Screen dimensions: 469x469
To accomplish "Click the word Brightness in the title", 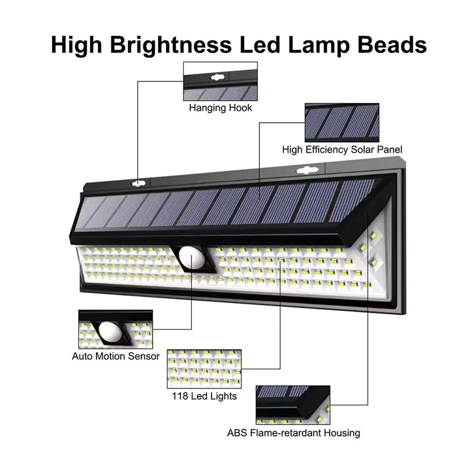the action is (x=171, y=45).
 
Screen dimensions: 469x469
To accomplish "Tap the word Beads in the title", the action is (x=392, y=45).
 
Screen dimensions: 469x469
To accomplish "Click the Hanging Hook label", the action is (x=220, y=108).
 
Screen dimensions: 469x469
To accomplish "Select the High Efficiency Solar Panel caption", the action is (x=342, y=149).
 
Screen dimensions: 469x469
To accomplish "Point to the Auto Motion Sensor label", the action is (x=116, y=356).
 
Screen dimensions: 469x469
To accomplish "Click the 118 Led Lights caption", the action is (x=204, y=396).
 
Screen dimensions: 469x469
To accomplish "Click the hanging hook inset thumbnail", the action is (x=220, y=81).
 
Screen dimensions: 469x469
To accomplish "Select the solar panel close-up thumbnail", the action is (x=342, y=123).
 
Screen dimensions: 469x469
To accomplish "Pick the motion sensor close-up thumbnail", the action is (x=116, y=329).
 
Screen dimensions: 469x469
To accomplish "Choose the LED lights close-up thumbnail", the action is (x=204, y=369).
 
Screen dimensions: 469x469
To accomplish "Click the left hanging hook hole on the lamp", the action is (x=138, y=184).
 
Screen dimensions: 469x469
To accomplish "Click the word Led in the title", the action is (x=260, y=45).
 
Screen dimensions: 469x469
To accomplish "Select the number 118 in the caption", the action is (x=180, y=396).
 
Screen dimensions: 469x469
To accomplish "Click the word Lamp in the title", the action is (x=319, y=46).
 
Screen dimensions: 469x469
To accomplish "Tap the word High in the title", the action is (x=77, y=45).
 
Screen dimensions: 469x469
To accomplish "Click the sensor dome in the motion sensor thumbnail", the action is (x=110, y=331).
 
